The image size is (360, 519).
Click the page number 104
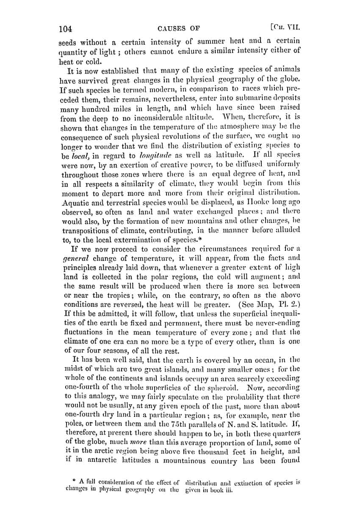click(66, 29)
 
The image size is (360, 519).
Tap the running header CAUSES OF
click(178, 29)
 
